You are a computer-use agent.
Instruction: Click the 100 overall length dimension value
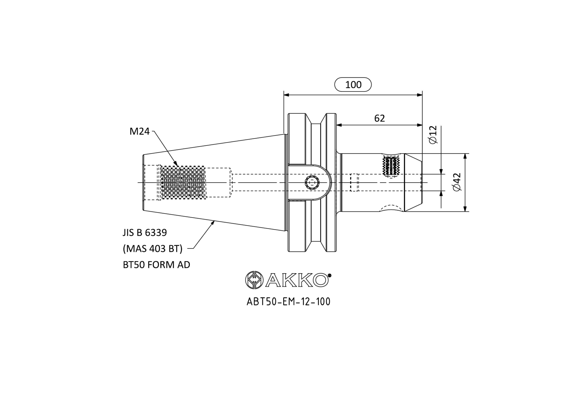click(x=353, y=85)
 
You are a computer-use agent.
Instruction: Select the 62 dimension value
click(x=379, y=118)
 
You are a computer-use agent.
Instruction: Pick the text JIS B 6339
click(x=145, y=233)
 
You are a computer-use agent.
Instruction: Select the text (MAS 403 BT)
click(x=153, y=248)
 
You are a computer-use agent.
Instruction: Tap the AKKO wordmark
click(x=297, y=280)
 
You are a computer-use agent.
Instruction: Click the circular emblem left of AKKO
click(x=254, y=280)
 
